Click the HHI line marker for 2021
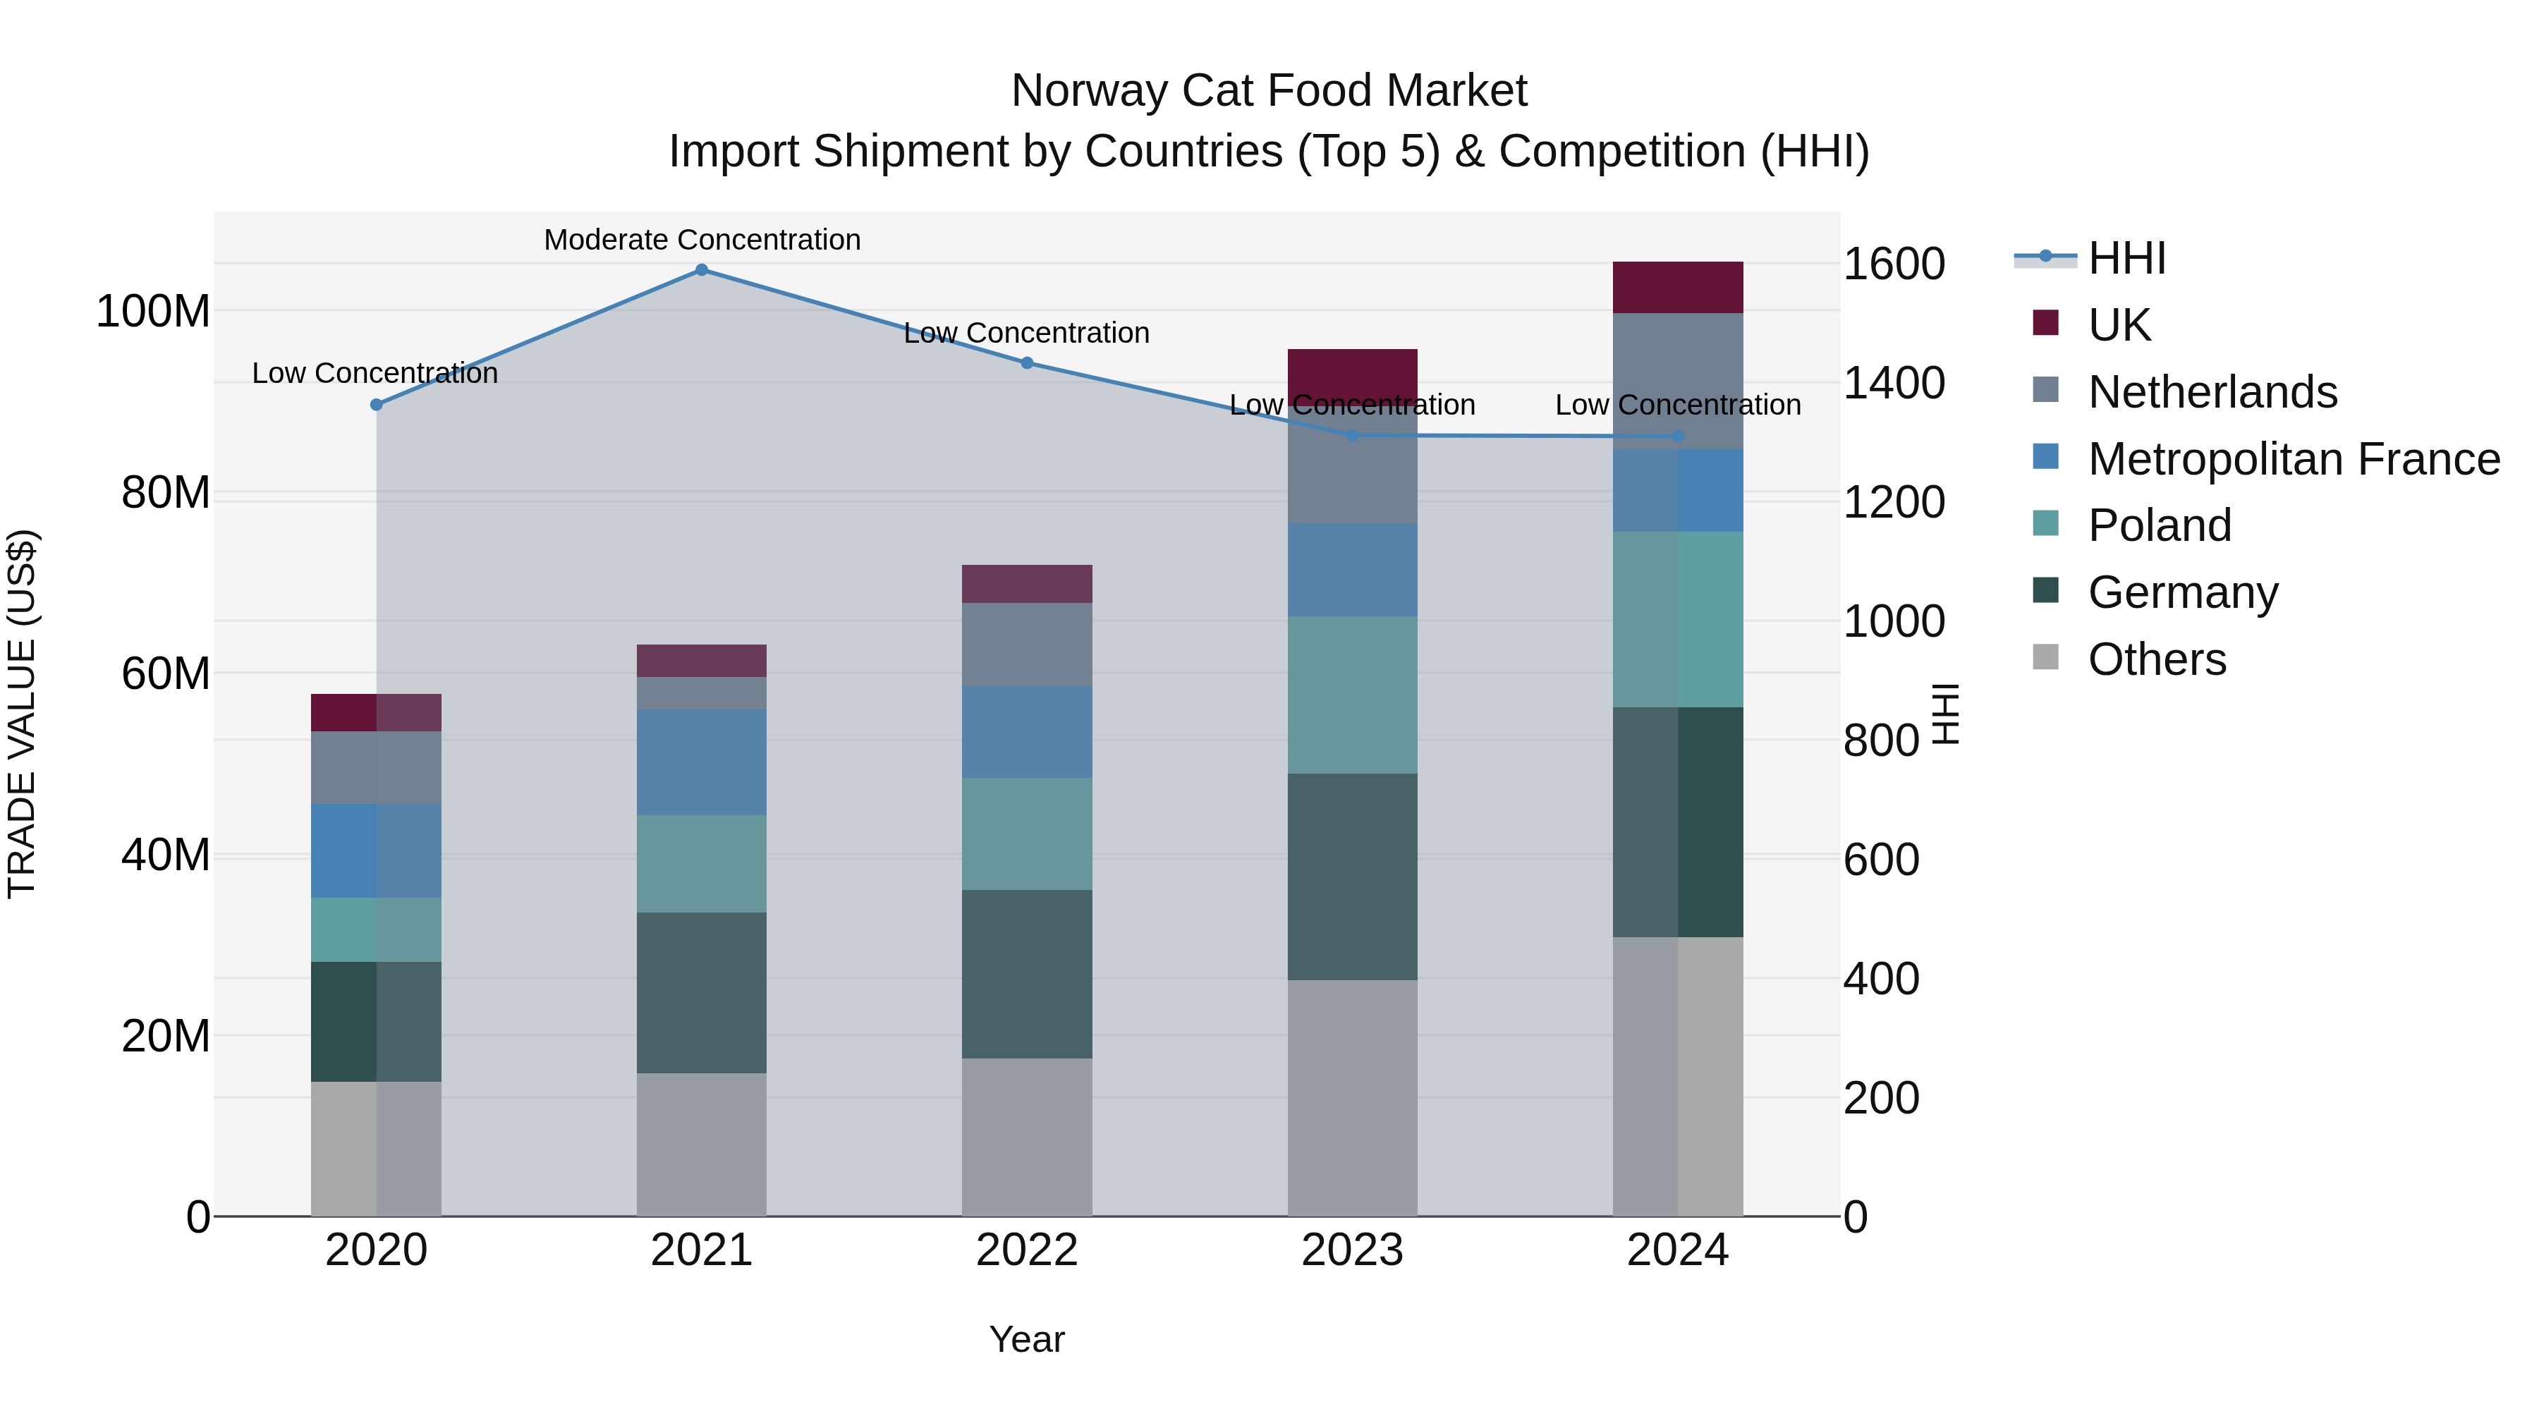pyautogui.click(x=702, y=270)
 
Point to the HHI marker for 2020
pyautogui.click(x=377, y=405)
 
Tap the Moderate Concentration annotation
pyautogui.click(x=702, y=240)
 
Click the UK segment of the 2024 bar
pyautogui.click(x=1678, y=288)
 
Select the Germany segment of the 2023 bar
pyautogui.click(x=1352, y=877)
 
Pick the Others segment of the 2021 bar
pyautogui.click(x=702, y=1145)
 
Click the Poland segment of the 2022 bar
pyautogui.click(x=1027, y=835)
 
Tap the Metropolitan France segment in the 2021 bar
pyautogui.click(x=702, y=763)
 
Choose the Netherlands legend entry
pyautogui.click(x=2212, y=392)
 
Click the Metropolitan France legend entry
pyautogui.click(x=2293, y=459)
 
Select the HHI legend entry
pyautogui.click(x=2125, y=258)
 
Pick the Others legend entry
pyautogui.click(x=2157, y=659)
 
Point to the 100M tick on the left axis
pyautogui.click(x=153, y=312)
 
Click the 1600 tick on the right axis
pyautogui.click(x=1894, y=264)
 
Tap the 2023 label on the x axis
pyautogui.click(x=1352, y=1250)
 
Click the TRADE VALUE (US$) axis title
pyautogui.click(x=22, y=714)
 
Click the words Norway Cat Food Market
pyautogui.click(x=1269, y=91)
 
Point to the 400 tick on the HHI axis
pyautogui.click(x=1880, y=979)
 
